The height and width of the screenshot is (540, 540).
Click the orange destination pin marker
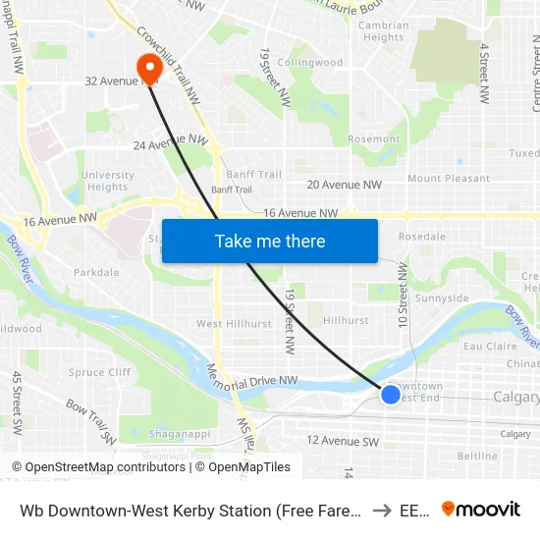(150, 68)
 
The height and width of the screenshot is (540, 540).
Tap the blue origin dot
(391, 394)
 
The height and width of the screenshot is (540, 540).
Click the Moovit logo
(481, 509)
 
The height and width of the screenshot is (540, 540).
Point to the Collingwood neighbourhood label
(309, 62)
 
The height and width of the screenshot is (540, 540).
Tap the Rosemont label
(373, 139)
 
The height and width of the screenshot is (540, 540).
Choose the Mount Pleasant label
(448, 179)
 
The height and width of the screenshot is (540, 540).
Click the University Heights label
(108, 181)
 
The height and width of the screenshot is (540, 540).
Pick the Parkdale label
(96, 272)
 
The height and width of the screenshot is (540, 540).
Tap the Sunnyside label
(442, 297)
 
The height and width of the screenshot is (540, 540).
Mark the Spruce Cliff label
(99, 373)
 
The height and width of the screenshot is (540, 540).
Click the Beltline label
(477, 456)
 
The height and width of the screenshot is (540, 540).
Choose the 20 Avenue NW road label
(344, 185)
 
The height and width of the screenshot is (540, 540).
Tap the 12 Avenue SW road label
(343, 441)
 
